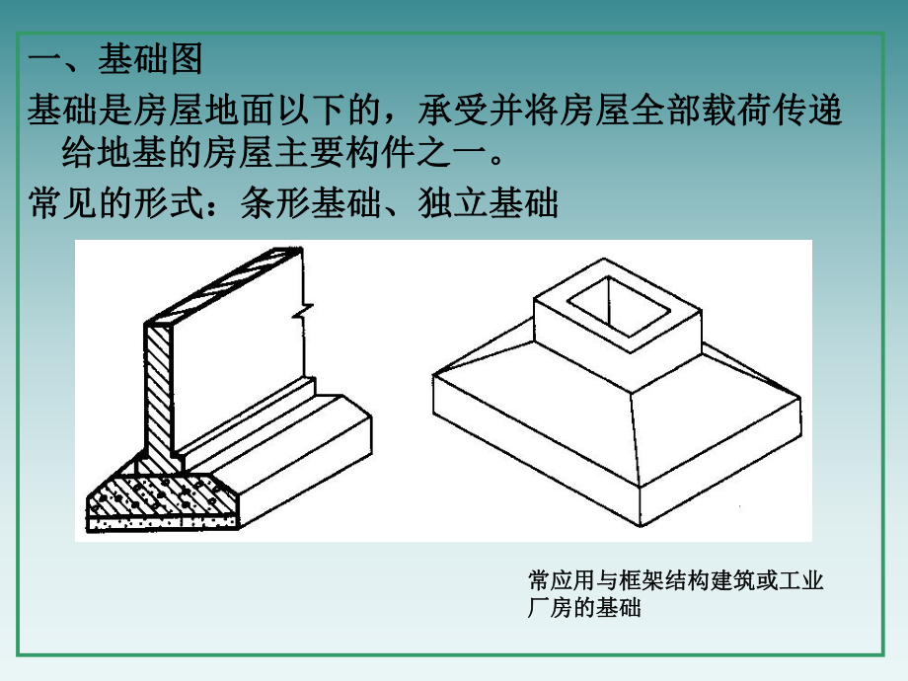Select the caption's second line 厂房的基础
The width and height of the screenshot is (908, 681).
point(585,608)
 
